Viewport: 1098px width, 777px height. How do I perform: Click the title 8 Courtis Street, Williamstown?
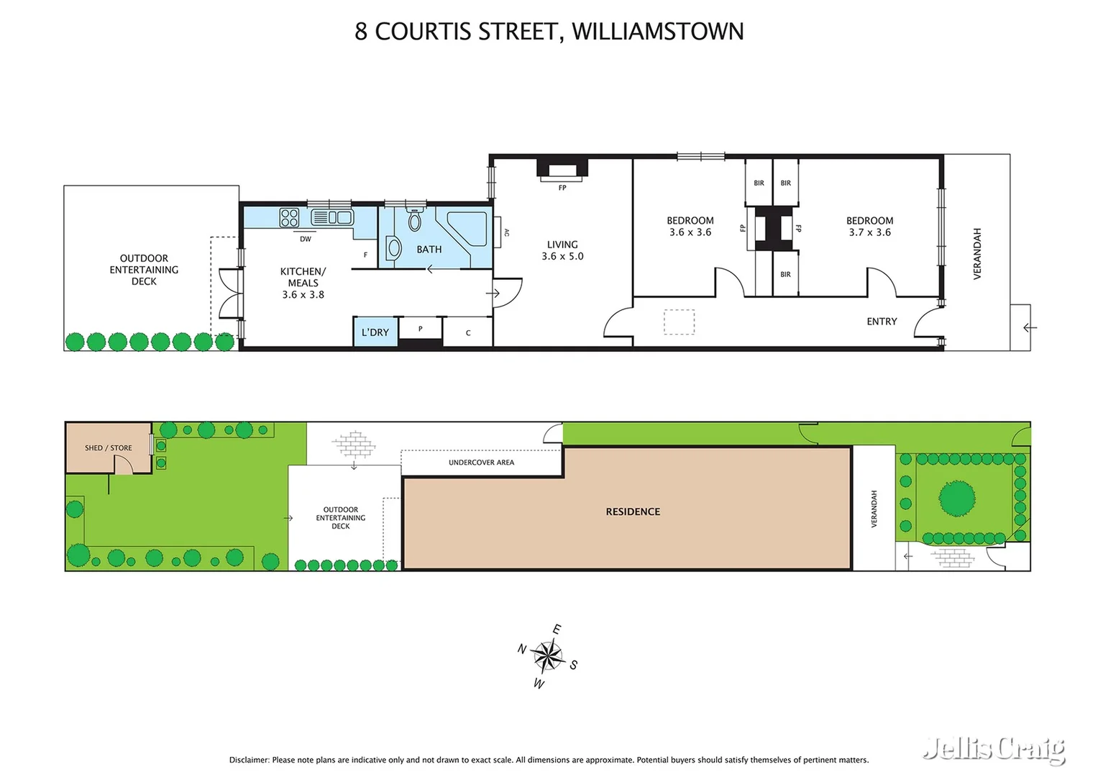pos(549,32)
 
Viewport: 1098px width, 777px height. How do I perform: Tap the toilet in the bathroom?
pos(414,219)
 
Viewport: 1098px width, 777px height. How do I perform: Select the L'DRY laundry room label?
pos(375,332)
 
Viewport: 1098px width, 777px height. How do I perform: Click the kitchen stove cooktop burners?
pos(289,217)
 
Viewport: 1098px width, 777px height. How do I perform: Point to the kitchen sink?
pos(332,217)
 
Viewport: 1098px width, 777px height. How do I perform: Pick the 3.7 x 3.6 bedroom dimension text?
pos(869,232)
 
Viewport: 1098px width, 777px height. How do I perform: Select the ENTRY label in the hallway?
pos(882,322)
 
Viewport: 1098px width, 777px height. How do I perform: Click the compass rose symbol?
pos(549,655)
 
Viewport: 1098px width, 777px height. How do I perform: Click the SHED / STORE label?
pos(109,447)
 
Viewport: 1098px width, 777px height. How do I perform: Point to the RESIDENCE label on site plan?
pos(633,512)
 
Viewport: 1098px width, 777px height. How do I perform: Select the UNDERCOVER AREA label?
pos(481,463)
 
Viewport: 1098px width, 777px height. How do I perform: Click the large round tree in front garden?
pos(956,498)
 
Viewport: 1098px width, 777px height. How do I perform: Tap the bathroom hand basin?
pos(393,248)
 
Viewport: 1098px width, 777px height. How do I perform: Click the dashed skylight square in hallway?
pos(679,322)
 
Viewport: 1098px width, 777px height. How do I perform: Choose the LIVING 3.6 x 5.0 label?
pos(562,250)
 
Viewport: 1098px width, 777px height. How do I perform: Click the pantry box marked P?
pos(421,330)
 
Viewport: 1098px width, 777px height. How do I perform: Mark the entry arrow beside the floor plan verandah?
pos(1030,327)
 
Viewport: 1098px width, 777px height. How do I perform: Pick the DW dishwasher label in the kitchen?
pos(306,239)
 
